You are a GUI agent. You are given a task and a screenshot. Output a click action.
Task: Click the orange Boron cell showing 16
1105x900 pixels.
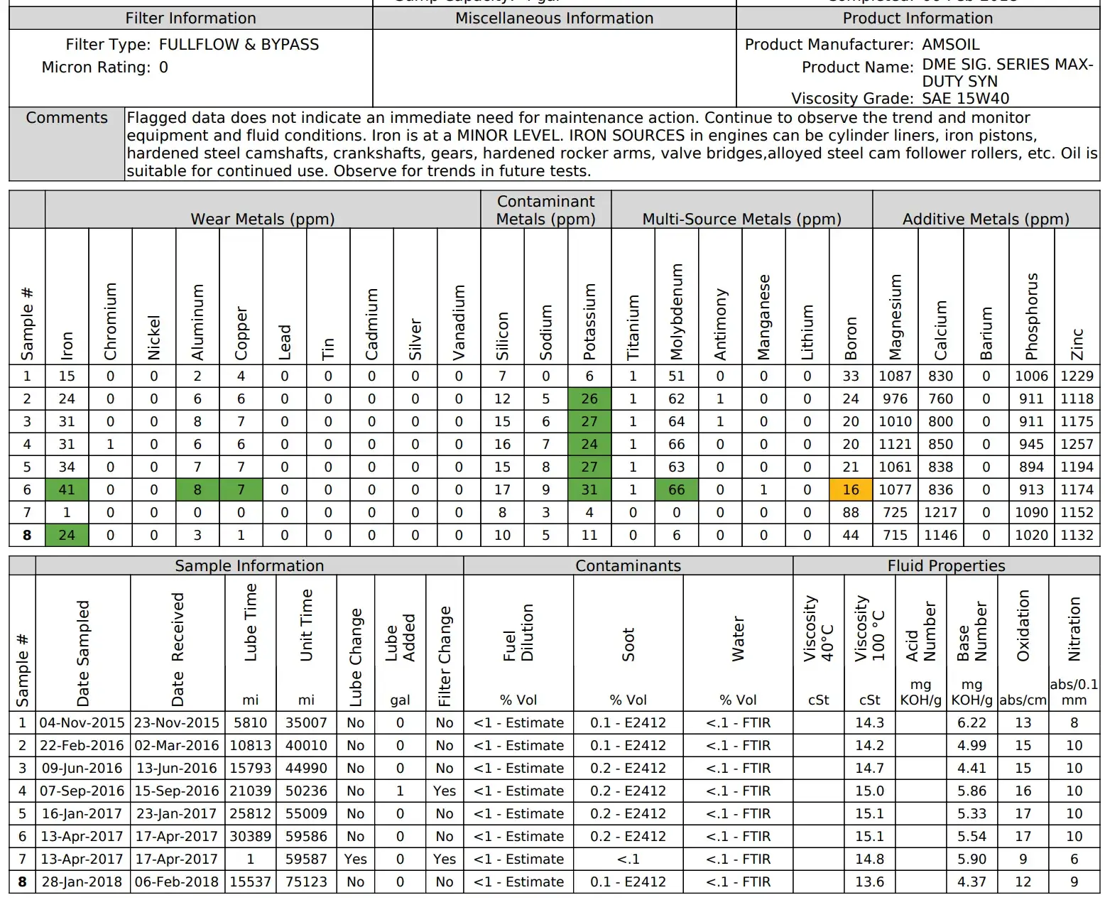tap(850, 489)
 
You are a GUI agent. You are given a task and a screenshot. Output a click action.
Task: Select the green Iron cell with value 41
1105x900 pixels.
tap(67, 489)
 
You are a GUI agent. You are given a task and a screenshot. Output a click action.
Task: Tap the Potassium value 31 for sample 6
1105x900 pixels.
tap(589, 489)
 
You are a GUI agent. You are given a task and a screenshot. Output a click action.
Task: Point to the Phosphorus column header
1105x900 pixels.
tap(1031, 315)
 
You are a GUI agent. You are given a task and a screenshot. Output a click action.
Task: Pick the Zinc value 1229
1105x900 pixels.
tap(1077, 376)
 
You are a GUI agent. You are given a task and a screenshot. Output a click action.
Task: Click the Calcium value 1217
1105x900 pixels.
tap(940, 512)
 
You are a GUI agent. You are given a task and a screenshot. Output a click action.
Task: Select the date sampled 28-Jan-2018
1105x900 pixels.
tap(82, 882)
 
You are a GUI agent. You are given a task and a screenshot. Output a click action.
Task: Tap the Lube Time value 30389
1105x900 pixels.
tap(250, 836)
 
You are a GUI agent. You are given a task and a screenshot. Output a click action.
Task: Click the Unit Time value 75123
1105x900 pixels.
tap(306, 882)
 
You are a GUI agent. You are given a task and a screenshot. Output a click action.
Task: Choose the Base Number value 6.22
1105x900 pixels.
tap(971, 722)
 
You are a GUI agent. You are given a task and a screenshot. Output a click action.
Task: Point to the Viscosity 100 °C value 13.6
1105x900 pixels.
tap(869, 882)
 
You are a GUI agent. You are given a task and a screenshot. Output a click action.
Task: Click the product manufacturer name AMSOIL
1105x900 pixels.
tap(950, 44)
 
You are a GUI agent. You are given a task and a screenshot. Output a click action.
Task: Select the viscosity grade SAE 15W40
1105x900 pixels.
tap(965, 98)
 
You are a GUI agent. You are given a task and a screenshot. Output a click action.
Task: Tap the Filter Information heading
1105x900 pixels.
tap(190, 18)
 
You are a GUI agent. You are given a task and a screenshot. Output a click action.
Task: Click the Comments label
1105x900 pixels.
tap(67, 118)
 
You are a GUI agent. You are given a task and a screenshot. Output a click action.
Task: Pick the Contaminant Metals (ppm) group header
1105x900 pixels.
tap(545, 210)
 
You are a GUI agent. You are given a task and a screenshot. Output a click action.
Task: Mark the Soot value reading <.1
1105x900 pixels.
tap(628, 859)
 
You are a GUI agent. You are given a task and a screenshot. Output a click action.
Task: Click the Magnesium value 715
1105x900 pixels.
tap(895, 535)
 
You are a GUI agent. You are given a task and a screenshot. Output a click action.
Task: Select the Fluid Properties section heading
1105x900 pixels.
tap(946, 565)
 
